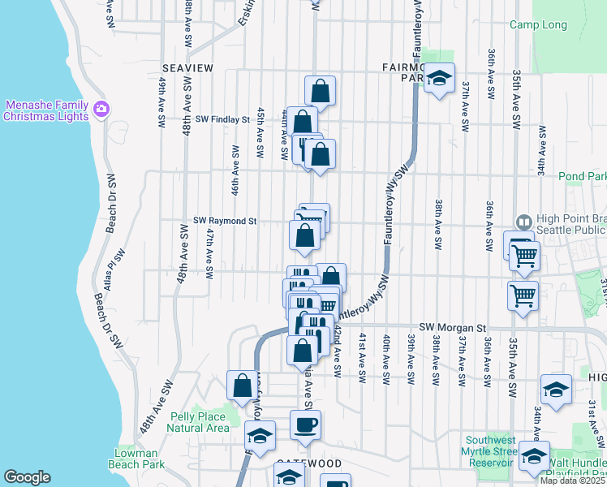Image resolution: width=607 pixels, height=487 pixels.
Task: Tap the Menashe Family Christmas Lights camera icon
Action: coord(101,108)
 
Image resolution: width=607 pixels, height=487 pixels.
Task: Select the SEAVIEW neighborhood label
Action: coord(187,68)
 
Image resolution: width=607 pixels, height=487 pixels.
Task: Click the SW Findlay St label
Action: coord(222,119)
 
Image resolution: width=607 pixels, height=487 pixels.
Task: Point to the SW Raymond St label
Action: coord(225,220)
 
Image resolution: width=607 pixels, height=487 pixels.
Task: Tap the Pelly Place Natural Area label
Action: coord(199,422)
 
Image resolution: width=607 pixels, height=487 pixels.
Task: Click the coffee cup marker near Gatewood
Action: coord(305,425)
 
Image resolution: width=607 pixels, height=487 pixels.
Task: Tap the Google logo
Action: coord(27,477)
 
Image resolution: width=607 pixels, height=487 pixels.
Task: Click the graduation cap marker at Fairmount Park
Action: coord(440,79)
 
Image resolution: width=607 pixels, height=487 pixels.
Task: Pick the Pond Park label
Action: coord(582,176)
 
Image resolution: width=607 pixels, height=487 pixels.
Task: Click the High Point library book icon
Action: coord(523,221)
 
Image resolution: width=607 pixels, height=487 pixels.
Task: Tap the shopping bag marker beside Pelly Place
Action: coord(242,386)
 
